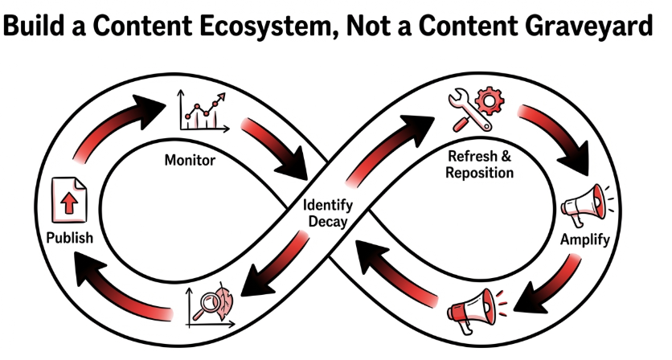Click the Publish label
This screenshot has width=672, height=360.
(x=70, y=238)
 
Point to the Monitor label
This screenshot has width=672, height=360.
(x=190, y=160)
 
